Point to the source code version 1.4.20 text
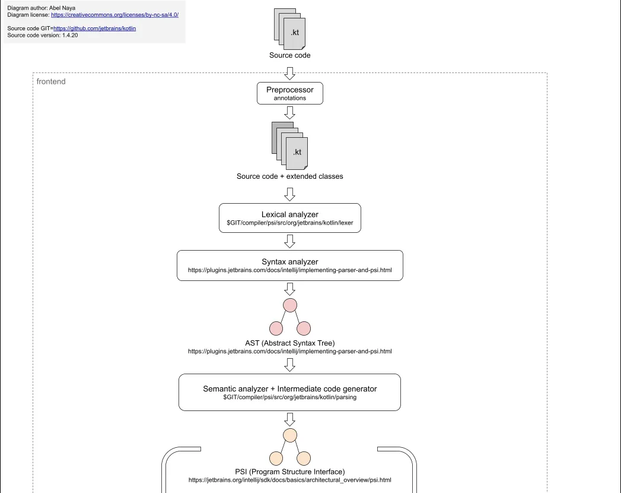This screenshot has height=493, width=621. tap(43, 36)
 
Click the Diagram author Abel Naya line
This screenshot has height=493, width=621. tap(42, 8)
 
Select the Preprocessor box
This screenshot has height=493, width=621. tap(290, 93)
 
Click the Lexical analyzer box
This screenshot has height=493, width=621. tap(290, 218)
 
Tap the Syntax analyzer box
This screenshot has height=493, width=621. tap(290, 265)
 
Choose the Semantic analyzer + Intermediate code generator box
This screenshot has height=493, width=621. tap(289, 392)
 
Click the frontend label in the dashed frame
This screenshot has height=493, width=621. tap(51, 81)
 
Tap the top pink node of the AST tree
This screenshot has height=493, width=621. tap(290, 305)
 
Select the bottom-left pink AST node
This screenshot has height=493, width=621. tap(276, 328)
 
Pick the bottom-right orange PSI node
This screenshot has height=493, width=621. tap(304, 458)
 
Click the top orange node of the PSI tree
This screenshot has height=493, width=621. tap(290, 435)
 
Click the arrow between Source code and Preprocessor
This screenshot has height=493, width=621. tap(290, 73)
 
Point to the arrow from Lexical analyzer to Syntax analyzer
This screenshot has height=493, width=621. tap(290, 241)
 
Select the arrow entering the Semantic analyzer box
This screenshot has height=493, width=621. tap(290, 364)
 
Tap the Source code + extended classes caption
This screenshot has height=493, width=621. tap(289, 176)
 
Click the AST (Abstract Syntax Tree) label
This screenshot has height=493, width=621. tap(289, 343)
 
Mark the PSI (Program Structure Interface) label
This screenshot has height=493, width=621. tap(289, 472)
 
